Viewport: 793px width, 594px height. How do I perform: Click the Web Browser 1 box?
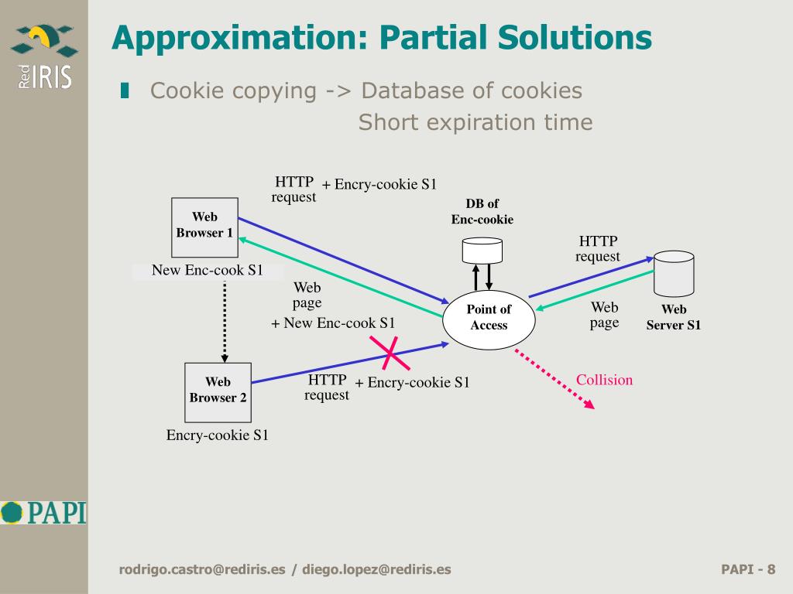click(x=204, y=227)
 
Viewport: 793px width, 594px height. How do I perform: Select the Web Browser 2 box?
click(x=218, y=391)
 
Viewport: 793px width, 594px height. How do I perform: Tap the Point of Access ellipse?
click(x=489, y=318)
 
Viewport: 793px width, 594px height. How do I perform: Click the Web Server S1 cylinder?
click(x=673, y=274)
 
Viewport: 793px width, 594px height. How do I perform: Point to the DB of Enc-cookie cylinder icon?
click(x=482, y=250)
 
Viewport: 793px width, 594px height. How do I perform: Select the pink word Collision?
click(x=604, y=380)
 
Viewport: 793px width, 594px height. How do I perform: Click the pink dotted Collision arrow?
click(x=554, y=378)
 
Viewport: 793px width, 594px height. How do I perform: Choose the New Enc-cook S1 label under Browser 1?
click(x=207, y=271)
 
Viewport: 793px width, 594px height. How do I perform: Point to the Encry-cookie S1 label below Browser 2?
click(x=218, y=435)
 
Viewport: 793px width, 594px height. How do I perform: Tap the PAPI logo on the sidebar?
click(x=43, y=512)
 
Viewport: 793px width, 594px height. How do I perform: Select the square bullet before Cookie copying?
click(x=125, y=91)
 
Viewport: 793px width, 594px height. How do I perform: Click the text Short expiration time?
click(x=475, y=122)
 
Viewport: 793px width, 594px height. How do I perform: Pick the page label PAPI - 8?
click(x=747, y=570)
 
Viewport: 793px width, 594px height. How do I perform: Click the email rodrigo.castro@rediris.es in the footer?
click(x=202, y=570)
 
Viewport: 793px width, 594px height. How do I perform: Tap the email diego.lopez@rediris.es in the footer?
click(x=376, y=570)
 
